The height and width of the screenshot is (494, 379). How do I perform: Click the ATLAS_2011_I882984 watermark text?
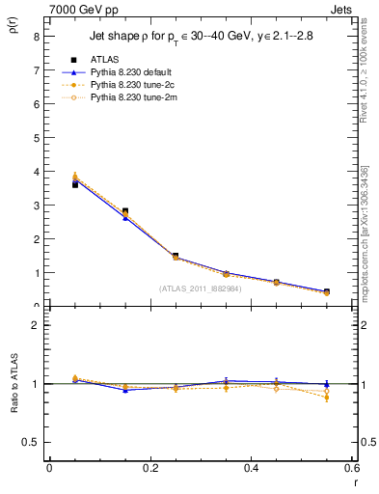(201, 288)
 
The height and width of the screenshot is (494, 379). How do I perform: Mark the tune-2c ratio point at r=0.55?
(327, 397)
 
